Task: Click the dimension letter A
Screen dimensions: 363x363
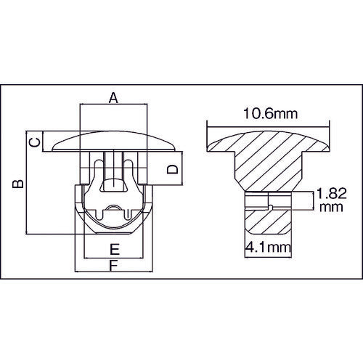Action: tap(113, 97)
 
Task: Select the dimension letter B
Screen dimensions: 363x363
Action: tap(19, 183)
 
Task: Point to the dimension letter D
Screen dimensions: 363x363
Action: tap(172, 170)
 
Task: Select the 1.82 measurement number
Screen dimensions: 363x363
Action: tap(330, 194)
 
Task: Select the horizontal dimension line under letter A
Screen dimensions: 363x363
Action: tap(113, 106)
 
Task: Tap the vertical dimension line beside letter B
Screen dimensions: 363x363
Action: tap(28, 183)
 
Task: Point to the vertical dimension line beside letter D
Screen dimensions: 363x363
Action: tap(181, 170)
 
